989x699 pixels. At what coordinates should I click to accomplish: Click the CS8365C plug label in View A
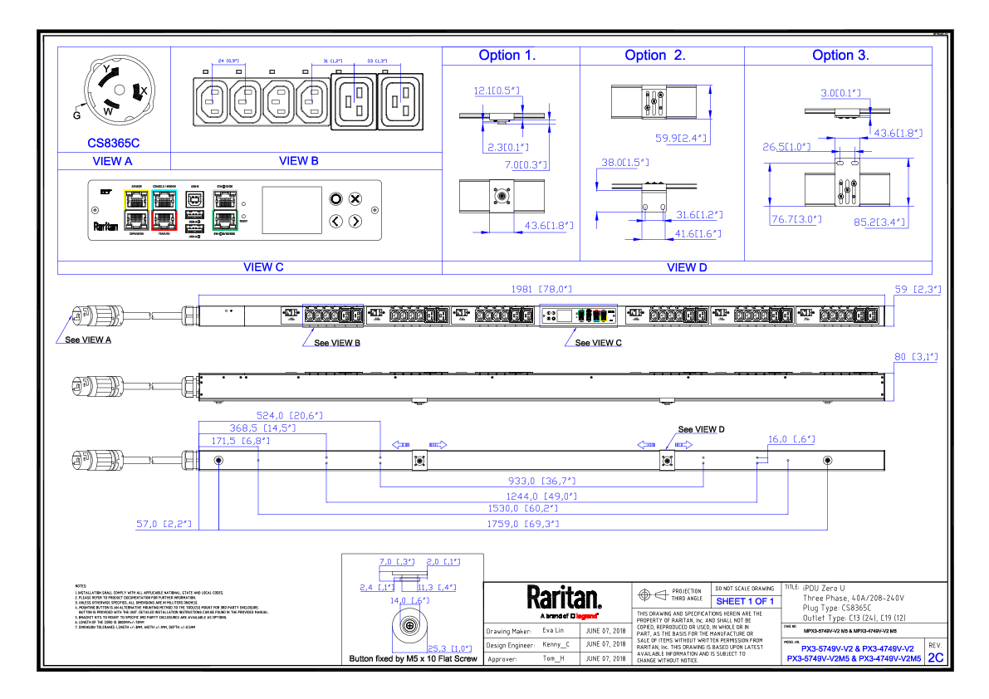[114, 142]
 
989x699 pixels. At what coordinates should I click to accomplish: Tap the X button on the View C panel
[355, 198]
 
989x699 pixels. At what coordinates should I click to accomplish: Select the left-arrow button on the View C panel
[335, 221]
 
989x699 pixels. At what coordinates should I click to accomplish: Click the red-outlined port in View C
[164, 220]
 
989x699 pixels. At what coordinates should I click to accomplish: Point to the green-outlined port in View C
[226, 220]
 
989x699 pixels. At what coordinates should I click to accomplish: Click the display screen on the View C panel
[291, 209]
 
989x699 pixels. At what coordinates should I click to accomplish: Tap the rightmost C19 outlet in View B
[401, 102]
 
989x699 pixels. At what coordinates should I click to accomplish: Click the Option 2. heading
[655, 56]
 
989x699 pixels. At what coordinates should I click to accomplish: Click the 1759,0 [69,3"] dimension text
[523, 524]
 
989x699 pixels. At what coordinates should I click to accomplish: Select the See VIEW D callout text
[701, 429]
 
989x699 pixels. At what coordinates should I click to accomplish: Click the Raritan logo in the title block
[564, 597]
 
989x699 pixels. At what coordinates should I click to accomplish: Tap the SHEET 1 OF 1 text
[744, 601]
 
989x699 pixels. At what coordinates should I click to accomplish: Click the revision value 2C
[936, 657]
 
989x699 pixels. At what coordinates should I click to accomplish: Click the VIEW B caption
[299, 161]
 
